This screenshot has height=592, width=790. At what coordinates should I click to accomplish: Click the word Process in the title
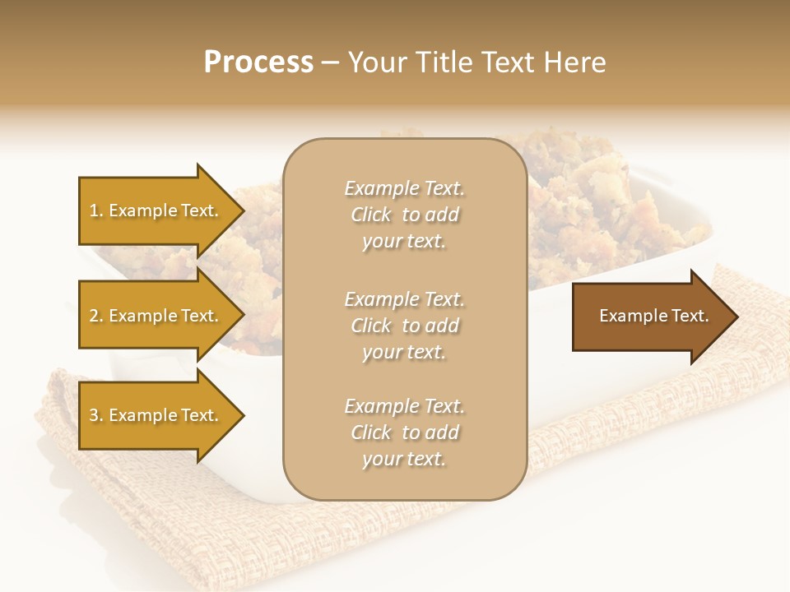click(x=258, y=62)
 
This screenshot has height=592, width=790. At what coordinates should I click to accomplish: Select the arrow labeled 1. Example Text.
click(x=156, y=210)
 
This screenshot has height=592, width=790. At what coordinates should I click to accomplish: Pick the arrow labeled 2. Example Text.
click(x=156, y=316)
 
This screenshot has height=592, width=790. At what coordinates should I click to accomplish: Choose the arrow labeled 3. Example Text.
click(x=156, y=415)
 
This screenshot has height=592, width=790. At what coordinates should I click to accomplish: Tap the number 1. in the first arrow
click(x=96, y=211)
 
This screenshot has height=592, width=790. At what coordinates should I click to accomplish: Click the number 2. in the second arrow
click(x=96, y=317)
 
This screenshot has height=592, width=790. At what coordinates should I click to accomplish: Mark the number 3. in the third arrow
click(x=96, y=416)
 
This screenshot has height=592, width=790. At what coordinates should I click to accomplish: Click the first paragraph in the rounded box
click(x=404, y=215)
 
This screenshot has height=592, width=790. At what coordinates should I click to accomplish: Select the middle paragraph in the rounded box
click(x=404, y=325)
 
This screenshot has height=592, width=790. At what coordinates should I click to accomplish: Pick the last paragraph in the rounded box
click(x=404, y=432)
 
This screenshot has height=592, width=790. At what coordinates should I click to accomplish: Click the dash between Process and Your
click(x=331, y=62)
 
